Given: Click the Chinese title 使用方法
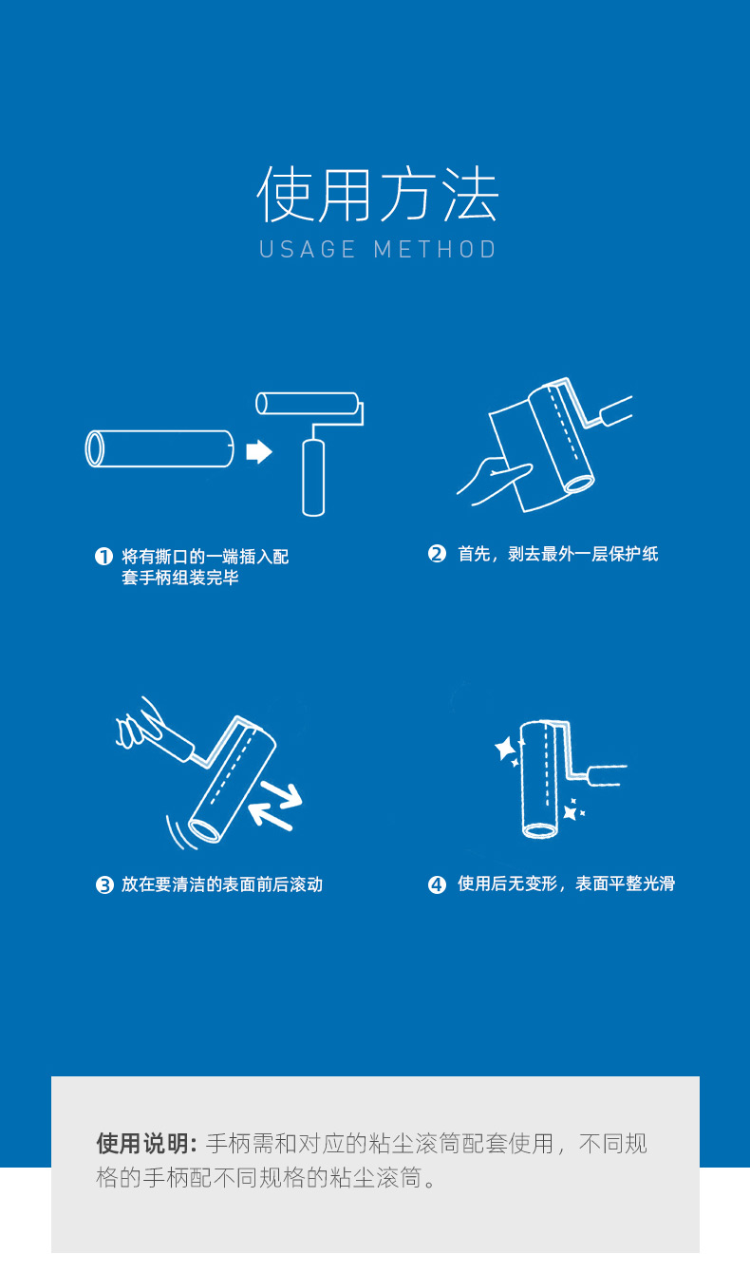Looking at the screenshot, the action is tap(378, 195).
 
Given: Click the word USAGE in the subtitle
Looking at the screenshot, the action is tap(308, 250).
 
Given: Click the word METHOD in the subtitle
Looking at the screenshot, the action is tap(435, 250).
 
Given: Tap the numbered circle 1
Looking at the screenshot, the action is tap(103, 557).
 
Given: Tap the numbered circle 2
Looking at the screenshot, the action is tap(437, 554).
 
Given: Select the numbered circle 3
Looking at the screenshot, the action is tap(104, 884).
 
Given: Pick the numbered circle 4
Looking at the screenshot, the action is tap(437, 884).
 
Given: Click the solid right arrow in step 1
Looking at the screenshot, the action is tap(259, 452).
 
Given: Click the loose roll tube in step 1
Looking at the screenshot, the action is tap(159, 449).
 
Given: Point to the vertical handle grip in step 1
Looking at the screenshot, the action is tap(313, 477).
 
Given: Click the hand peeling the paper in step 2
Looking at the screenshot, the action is tap(494, 480).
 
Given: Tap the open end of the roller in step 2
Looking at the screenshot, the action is tap(578, 484).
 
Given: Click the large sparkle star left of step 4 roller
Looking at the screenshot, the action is tap(505, 748).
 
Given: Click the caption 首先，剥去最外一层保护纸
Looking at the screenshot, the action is tap(558, 554).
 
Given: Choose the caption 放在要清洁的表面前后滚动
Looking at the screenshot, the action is tap(222, 884).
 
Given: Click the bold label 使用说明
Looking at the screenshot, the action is tap(146, 1144).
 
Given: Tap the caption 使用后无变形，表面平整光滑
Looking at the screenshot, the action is tap(567, 884).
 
